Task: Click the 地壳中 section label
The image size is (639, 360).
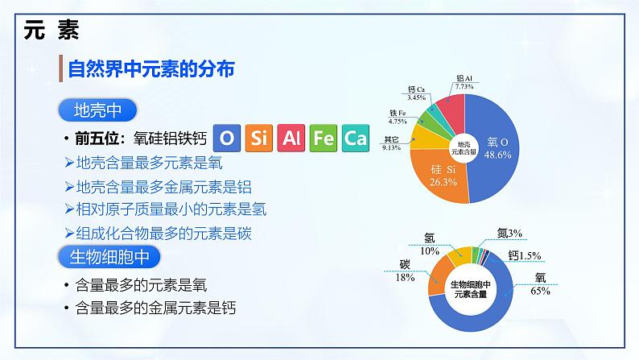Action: [97, 110]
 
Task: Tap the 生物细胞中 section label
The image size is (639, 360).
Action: [109, 256]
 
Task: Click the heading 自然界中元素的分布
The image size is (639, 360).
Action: [152, 69]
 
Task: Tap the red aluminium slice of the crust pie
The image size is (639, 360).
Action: [452, 108]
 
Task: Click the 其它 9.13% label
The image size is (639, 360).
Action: [391, 143]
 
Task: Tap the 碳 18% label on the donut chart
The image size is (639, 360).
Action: [405, 271]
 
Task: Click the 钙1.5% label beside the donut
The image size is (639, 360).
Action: [525, 255]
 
